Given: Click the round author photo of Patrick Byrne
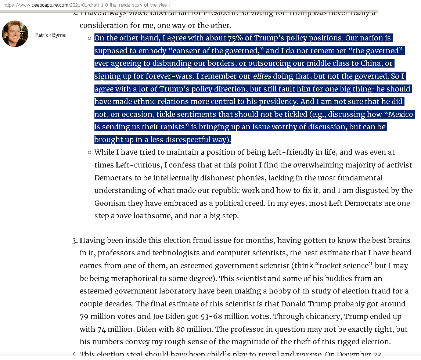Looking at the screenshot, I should (15, 34).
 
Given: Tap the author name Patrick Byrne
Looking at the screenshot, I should (50, 35).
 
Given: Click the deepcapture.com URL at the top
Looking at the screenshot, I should (87, 5).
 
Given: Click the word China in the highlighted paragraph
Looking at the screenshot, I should (371, 63).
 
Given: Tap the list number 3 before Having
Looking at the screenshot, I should (75, 241).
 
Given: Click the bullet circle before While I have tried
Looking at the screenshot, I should (89, 152).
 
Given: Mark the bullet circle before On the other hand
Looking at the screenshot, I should (89, 38).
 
